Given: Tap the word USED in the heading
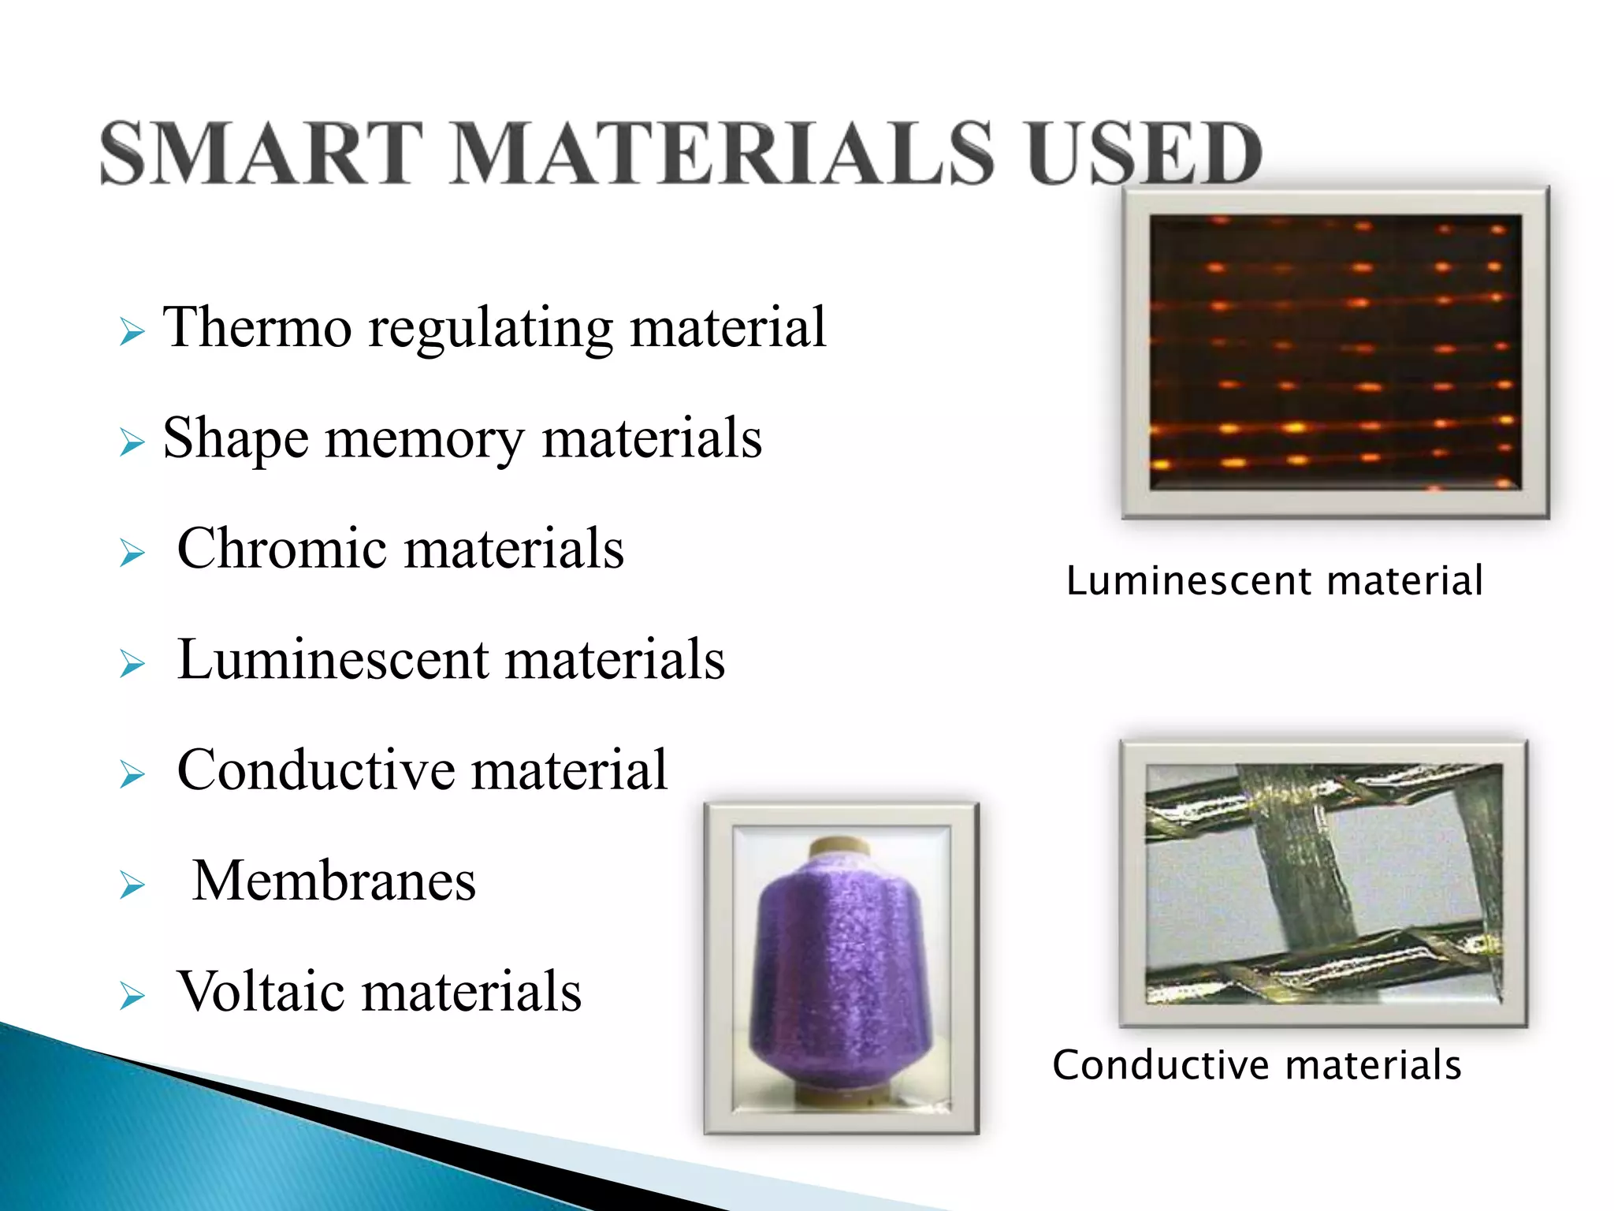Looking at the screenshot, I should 1144,154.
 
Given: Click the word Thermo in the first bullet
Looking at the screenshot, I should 257,327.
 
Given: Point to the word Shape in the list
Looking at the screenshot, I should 235,438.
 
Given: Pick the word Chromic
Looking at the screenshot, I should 282,549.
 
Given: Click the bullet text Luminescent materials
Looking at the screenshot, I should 451,659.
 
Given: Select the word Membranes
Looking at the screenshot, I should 334,881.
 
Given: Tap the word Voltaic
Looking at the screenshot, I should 261,991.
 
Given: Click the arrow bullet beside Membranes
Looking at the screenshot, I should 132,886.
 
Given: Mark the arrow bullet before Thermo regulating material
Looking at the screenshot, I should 132,332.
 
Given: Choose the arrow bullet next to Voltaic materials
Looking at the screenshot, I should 132,997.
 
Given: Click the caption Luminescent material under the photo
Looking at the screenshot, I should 1274,581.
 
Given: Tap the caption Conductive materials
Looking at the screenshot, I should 1257,1065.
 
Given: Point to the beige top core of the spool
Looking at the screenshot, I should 840,848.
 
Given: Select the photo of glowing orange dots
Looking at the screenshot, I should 1335,352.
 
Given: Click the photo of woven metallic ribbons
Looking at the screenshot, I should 1324,883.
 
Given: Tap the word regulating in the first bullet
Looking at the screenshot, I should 490,327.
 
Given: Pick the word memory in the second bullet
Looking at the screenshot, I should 424,438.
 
